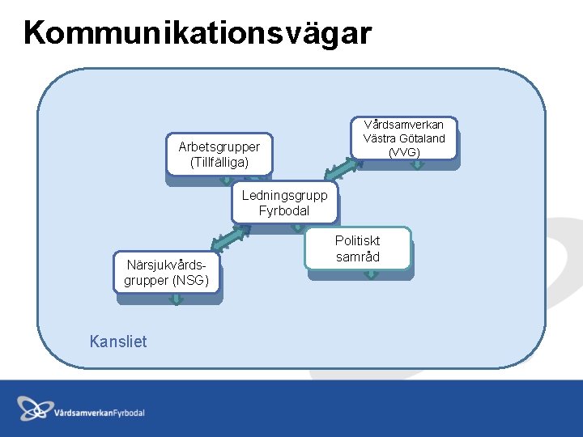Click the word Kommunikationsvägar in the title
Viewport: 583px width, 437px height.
[x=198, y=33]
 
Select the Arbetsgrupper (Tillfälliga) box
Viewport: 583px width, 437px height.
[x=219, y=154]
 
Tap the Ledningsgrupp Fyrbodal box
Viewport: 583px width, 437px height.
[x=284, y=202]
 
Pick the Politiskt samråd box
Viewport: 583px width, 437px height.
[x=358, y=248]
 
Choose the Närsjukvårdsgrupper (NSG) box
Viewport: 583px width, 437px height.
[x=167, y=272]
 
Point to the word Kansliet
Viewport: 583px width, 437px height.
[x=118, y=342]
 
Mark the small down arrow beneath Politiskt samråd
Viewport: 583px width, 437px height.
[x=371, y=274]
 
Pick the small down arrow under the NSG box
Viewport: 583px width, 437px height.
[x=175, y=299]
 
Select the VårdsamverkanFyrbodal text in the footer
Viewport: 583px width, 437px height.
[x=100, y=413]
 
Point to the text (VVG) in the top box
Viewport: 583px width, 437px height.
[x=404, y=151]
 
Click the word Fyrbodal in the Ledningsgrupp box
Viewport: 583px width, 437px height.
[x=284, y=210]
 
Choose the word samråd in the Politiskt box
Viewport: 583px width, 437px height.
[x=358, y=257]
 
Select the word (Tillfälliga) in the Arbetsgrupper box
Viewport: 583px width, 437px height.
[x=219, y=162]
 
